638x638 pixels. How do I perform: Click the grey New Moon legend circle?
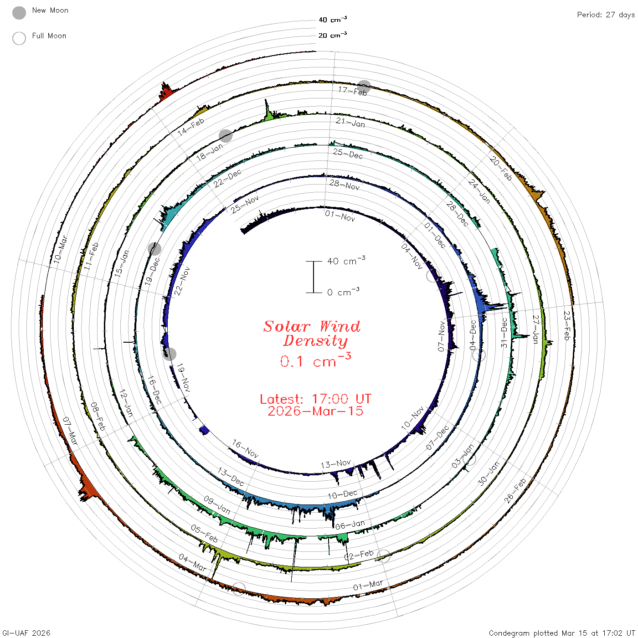pyautogui.click(x=19, y=13)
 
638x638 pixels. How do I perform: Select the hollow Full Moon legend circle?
pyautogui.click(x=19, y=38)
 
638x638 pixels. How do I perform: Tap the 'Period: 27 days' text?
pyautogui.click(x=606, y=15)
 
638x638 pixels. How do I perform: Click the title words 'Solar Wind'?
pyautogui.click(x=312, y=326)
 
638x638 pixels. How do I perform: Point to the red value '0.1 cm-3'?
pyautogui.click(x=315, y=360)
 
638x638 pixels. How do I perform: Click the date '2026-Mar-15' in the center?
pyautogui.click(x=315, y=411)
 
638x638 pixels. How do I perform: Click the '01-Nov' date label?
pyautogui.click(x=340, y=216)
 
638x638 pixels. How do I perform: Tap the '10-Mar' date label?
pyautogui.click(x=60, y=249)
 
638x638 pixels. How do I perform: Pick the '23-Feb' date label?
pyautogui.click(x=567, y=325)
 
